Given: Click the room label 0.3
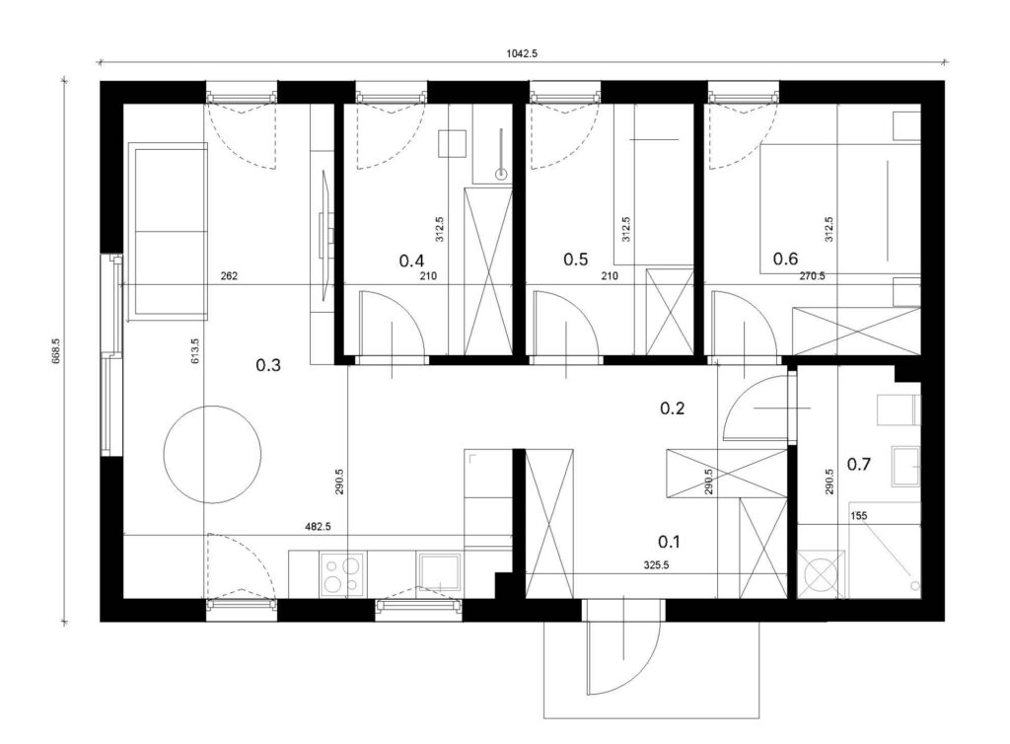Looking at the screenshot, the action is [x=268, y=365].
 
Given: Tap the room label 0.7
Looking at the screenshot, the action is [x=859, y=464].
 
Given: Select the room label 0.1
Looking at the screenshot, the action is [x=670, y=542].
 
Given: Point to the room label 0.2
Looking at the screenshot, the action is [x=673, y=408].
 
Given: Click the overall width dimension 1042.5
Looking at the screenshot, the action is [x=522, y=54].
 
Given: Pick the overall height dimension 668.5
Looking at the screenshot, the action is [x=55, y=351].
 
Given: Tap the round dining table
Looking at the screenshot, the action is [x=213, y=454].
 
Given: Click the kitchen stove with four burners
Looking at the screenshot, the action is [x=342, y=574].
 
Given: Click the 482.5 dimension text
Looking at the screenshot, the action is [x=318, y=526].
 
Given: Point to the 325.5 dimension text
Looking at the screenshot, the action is [x=656, y=565].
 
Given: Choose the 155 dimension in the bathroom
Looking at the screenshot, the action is [x=859, y=515].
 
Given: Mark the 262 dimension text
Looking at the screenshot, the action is [x=229, y=275].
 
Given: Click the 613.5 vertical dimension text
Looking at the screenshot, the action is [x=195, y=351].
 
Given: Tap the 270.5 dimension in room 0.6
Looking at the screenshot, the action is [x=813, y=275].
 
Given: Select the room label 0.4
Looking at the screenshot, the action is [x=411, y=260].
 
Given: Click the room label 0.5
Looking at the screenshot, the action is [x=576, y=259].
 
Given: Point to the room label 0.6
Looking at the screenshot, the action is [x=785, y=259].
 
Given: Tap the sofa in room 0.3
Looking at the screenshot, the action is [x=169, y=232].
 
